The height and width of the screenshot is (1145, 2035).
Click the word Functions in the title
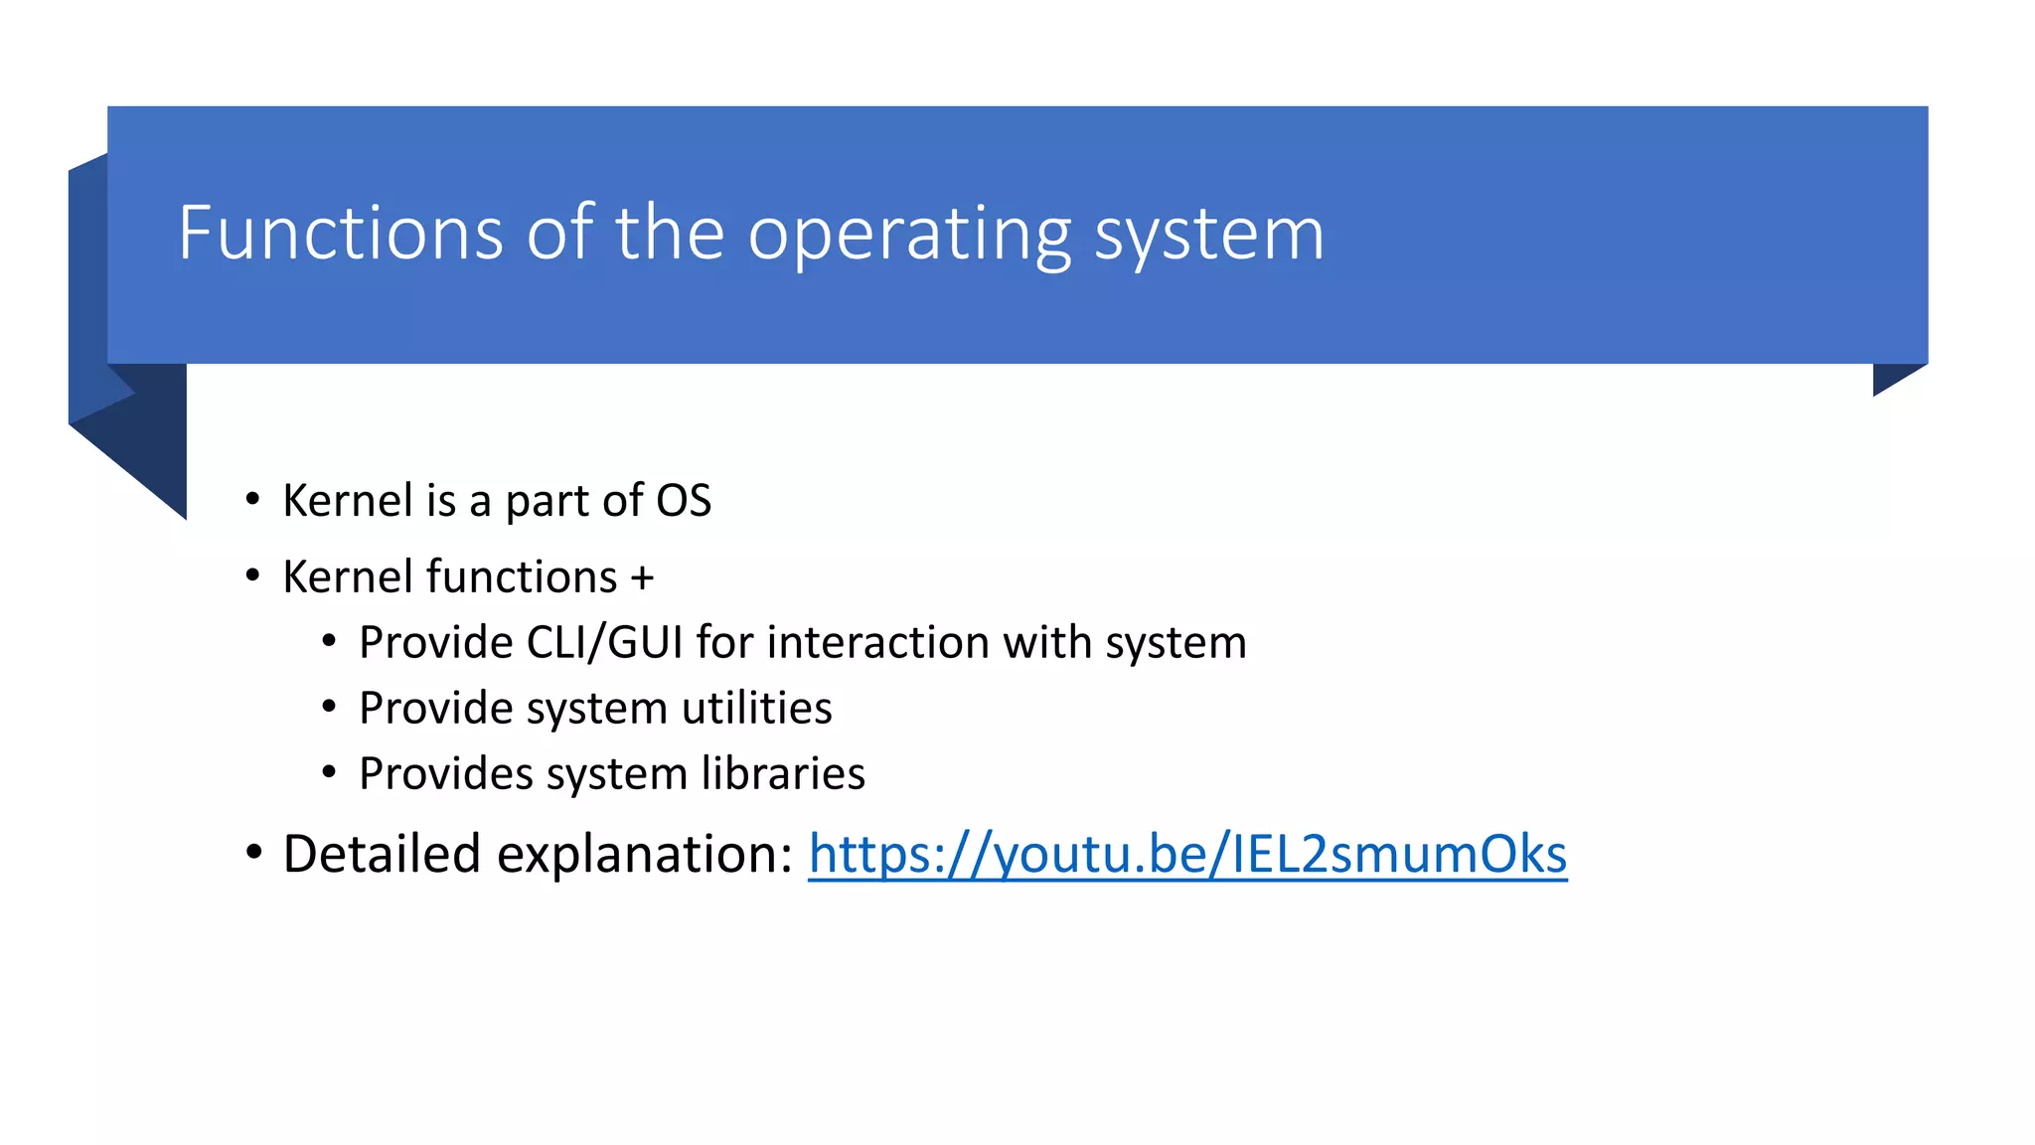[341, 233]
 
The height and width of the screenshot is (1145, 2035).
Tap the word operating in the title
[909, 235]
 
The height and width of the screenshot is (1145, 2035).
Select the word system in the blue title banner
[1209, 235]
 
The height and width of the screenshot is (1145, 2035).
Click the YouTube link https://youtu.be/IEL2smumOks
[1187, 854]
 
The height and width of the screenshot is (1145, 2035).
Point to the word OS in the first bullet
[684, 500]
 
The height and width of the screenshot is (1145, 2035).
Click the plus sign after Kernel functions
[642, 577]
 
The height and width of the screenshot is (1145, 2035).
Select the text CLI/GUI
[604, 642]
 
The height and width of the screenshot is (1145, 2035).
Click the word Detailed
[382, 854]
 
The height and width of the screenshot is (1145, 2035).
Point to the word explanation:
[645, 854]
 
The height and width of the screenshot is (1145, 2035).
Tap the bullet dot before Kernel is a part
[253, 498]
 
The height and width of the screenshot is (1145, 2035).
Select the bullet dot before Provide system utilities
[329, 707]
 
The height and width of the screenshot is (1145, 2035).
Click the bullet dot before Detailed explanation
[253, 852]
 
